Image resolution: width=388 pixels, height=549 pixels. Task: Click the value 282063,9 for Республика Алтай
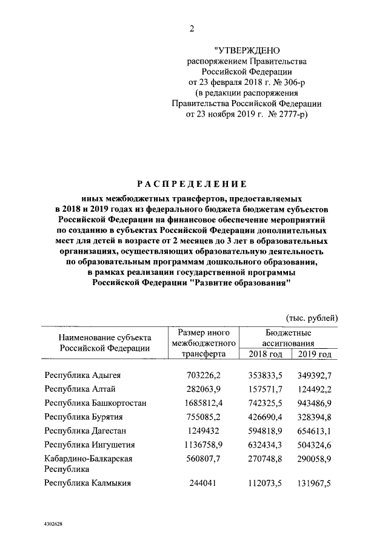pyautogui.click(x=201, y=389)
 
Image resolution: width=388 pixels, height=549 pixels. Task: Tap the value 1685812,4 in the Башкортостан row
pyautogui.click(x=198, y=403)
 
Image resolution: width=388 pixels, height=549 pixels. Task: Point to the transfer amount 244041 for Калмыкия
pyautogui.click(x=201, y=483)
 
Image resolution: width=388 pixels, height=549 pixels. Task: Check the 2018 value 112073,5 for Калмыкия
pyautogui.click(x=264, y=483)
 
